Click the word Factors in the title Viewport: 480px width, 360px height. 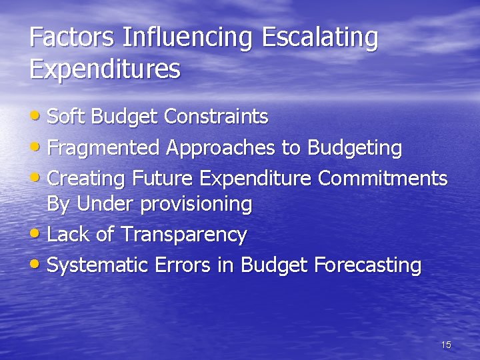[x=73, y=38]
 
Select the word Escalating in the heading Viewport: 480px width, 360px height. [x=320, y=38]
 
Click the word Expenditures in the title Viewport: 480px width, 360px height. [x=105, y=69]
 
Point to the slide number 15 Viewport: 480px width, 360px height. [x=446, y=345]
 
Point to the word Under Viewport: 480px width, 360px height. [x=106, y=204]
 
